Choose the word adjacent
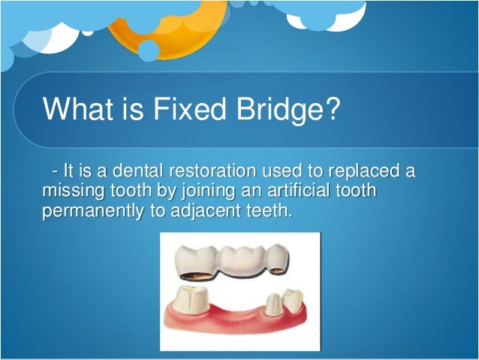click(x=202, y=210)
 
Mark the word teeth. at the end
click(x=267, y=210)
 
